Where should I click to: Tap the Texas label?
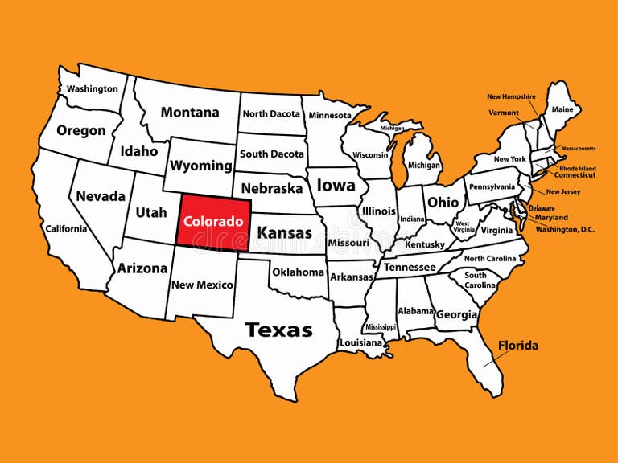pyautogui.click(x=278, y=330)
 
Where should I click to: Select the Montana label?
pyautogui.click(x=190, y=113)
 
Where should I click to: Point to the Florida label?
pyautogui.click(x=518, y=346)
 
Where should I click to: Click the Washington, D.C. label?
pyautogui.click(x=564, y=229)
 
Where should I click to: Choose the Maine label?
pyautogui.click(x=562, y=109)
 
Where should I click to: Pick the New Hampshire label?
pyautogui.click(x=511, y=96)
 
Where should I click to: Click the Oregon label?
pyautogui.click(x=81, y=130)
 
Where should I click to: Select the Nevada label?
pyautogui.click(x=101, y=195)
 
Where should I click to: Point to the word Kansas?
pyautogui.click(x=284, y=233)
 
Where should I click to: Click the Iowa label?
pyautogui.click(x=336, y=186)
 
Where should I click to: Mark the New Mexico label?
pyautogui.click(x=203, y=285)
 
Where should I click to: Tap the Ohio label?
pyautogui.click(x=443, y=202)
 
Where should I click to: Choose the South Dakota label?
pyautogui.click(x=272, y=154)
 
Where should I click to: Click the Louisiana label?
pyautogui.click(x=360, y=342)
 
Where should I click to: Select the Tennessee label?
pyautogui.click(x=410, y=267)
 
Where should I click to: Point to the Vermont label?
pyautogui.click(x=504, y=113)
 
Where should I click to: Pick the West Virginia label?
pyautogui.click(x=464, y=227)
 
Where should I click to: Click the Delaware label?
pyautogui.click(x=542, y=208)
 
